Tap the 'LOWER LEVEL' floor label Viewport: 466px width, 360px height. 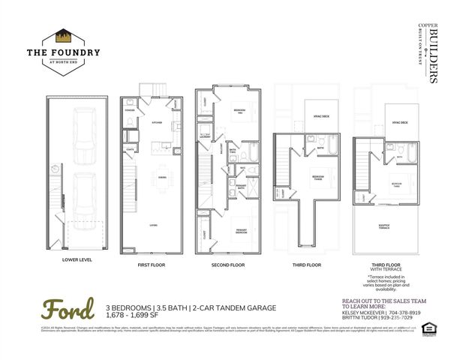(x=77, y=260)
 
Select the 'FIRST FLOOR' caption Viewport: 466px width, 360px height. (x=152, y=265)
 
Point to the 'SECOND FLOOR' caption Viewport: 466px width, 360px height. (x=228, y=265)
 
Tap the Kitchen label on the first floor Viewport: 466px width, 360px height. (x=157, y=122)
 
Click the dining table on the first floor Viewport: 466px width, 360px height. (x=160, y=177)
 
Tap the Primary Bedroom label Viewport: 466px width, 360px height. (x=242, y=232)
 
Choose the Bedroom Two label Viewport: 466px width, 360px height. (x=238, y=111)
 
